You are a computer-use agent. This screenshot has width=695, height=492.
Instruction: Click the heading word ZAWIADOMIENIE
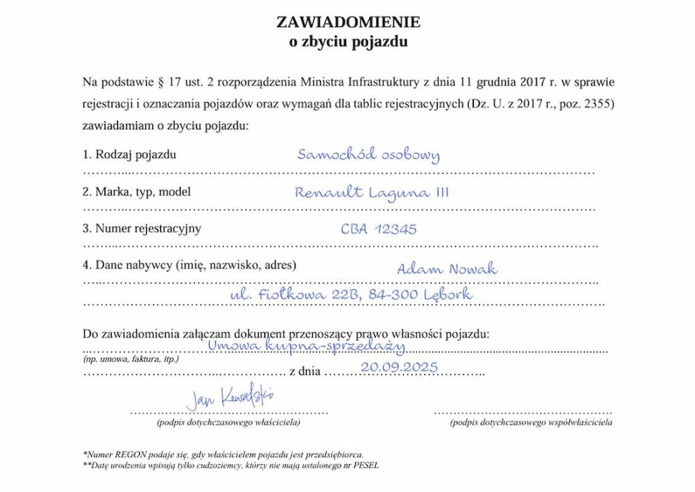point(348,22)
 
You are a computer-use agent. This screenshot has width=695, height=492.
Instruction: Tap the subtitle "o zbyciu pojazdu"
point(348,41)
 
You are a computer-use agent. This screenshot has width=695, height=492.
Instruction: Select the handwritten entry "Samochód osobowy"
point(368,154)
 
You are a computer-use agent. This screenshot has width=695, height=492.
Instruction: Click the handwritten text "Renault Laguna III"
point(372,192)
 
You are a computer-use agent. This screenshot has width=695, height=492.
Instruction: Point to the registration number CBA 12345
point(379,229)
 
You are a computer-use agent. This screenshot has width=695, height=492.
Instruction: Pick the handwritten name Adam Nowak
point(447,269)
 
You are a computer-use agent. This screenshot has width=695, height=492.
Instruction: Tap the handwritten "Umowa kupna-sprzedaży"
point(306,344)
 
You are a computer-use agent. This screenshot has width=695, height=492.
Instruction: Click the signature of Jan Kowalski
point(229,397)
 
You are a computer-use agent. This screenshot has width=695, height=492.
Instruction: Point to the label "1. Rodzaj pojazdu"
point(129,154)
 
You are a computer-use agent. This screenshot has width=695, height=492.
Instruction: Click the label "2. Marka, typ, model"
point(136,192)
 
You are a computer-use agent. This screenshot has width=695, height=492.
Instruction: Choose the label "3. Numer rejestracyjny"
point(142,228)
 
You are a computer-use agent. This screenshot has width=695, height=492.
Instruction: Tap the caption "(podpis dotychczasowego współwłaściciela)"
point(531,422)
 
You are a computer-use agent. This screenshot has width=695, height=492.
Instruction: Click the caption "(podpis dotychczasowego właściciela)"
point(229,422)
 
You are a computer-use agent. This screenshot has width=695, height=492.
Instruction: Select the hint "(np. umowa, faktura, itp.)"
point(131,359)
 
